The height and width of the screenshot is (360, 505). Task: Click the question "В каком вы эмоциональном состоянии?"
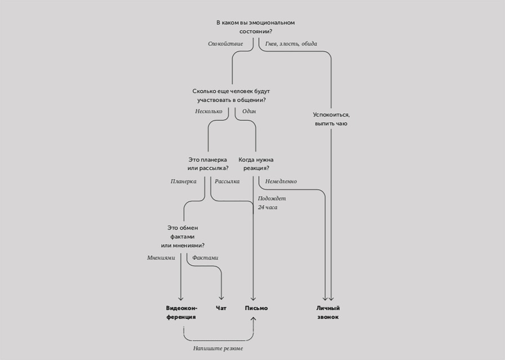click(256, 27)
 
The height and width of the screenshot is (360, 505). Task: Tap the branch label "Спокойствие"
click(225, 44)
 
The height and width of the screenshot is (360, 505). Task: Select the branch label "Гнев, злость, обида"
click(291, 44)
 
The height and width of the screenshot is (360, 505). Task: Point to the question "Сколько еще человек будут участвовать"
click(231, 96)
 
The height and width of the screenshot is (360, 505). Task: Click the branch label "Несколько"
click(209, 112)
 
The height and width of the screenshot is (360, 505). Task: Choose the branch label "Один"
click(249, 112)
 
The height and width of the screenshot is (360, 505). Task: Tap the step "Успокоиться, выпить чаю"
click(331, 119)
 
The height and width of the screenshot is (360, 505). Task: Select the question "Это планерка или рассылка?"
click(208, 164)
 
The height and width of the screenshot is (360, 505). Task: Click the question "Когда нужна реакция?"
click(256, 164)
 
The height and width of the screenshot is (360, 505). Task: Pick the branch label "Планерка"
click(184, 181)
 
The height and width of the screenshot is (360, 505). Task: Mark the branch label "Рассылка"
click(227, 181)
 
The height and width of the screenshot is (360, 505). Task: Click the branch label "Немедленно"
click(281, 181)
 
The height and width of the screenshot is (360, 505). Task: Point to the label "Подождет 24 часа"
click(272, 203)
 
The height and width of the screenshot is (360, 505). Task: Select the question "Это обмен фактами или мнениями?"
click(183, 237)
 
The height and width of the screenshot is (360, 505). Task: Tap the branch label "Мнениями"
click(161, 257)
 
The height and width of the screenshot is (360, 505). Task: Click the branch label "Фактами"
click(205, 257)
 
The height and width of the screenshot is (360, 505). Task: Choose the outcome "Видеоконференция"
click(181, 312)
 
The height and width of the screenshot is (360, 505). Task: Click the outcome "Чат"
click(221, 308)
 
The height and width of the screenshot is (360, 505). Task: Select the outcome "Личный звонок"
click(328, 312)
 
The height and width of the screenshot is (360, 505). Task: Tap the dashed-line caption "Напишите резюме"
click(218, 348)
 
